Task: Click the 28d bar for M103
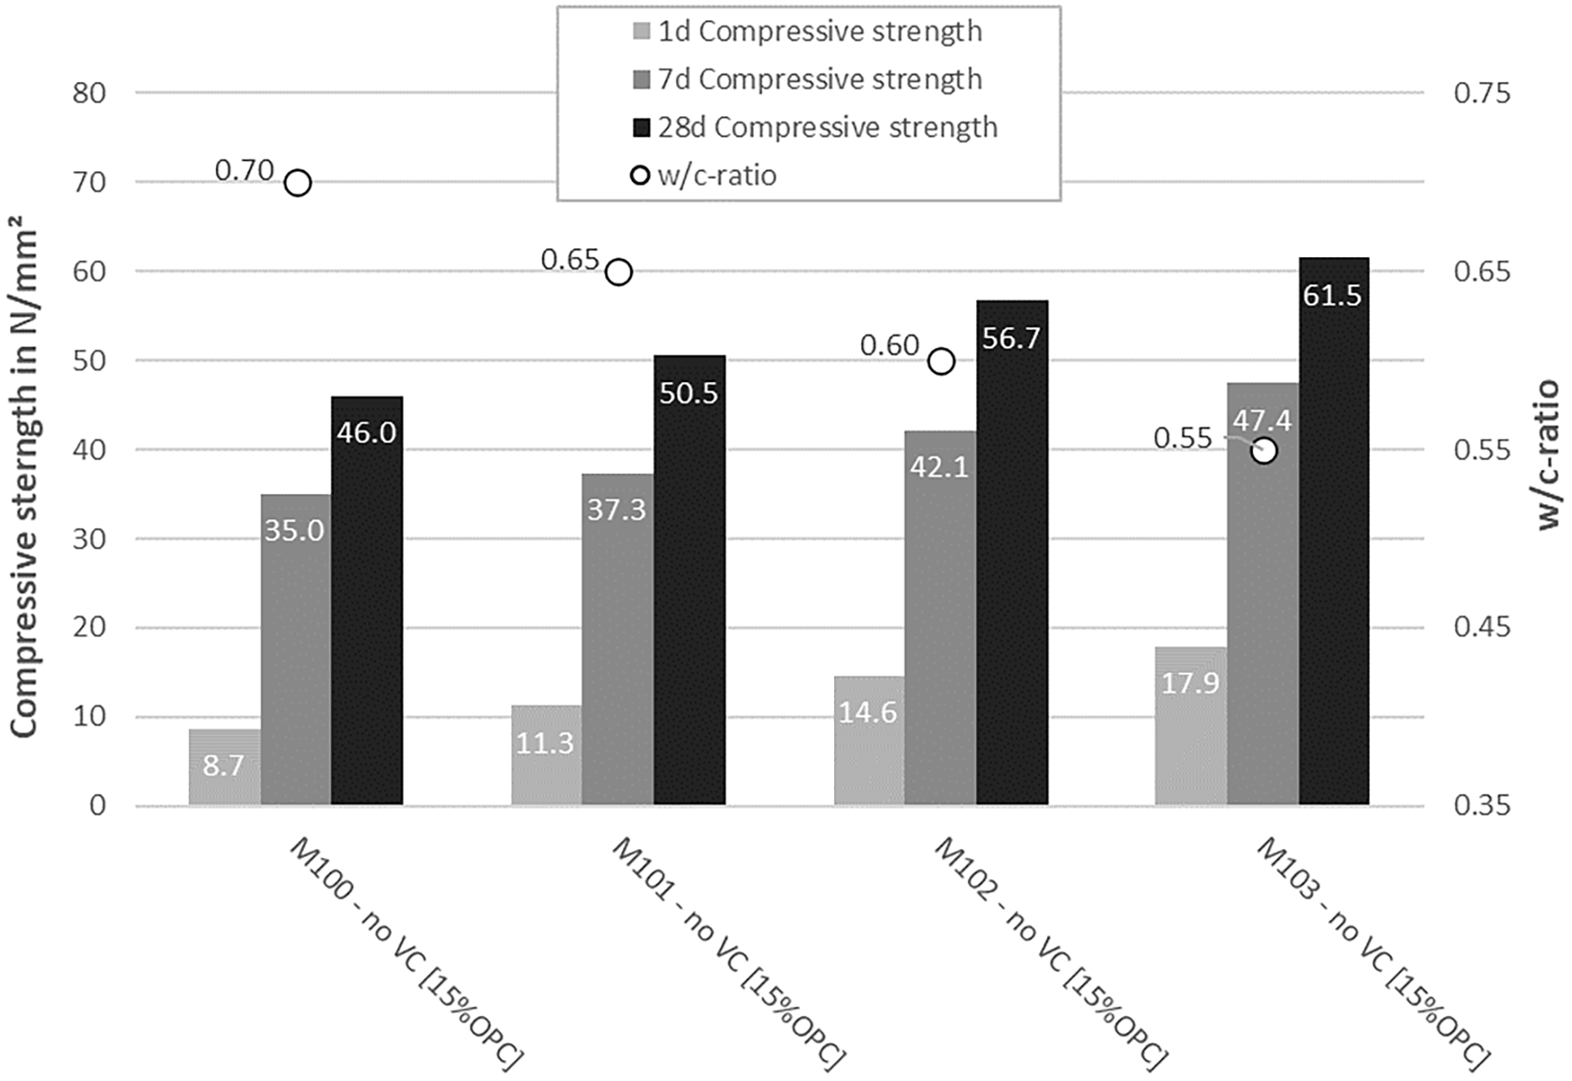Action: click(x=1333, y=531)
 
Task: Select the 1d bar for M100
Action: click(x=225, y=767)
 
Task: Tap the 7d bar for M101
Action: click(x=618, y=639)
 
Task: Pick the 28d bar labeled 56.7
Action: click(x=1012, y=553)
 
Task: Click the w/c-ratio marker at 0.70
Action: click(x=297, y=182)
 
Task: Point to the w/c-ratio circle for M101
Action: click(x=619, y=271)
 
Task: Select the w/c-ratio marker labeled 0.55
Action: click(x=1265, y=451)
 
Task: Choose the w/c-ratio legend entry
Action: click(x=705, y=175)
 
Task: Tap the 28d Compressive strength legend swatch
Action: click(x=641, y=128)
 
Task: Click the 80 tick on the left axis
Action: click(x=88, y=93)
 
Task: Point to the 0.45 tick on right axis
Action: click(x=1482, y=628)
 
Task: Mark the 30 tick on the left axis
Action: click(x=88, y=538)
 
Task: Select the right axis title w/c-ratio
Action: click(x=1547, y=455)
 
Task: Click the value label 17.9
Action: click(x=1190, y=684)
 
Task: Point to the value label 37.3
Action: click(x=617, y=510)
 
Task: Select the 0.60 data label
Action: click(x=890, y=346)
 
